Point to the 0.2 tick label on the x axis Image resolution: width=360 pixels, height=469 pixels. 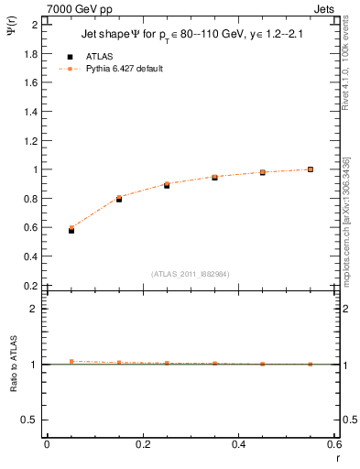(x=142, y=443)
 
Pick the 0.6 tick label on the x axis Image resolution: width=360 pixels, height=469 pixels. (x=334, y=443)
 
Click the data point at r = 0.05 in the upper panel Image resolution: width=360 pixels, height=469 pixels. (x=46, y=230)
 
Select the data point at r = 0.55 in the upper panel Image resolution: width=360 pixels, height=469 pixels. (x=311, y=169)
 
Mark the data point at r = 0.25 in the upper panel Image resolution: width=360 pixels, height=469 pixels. (x=167, y=185)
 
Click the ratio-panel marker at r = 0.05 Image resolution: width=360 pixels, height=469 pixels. (x=46, y=362)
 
